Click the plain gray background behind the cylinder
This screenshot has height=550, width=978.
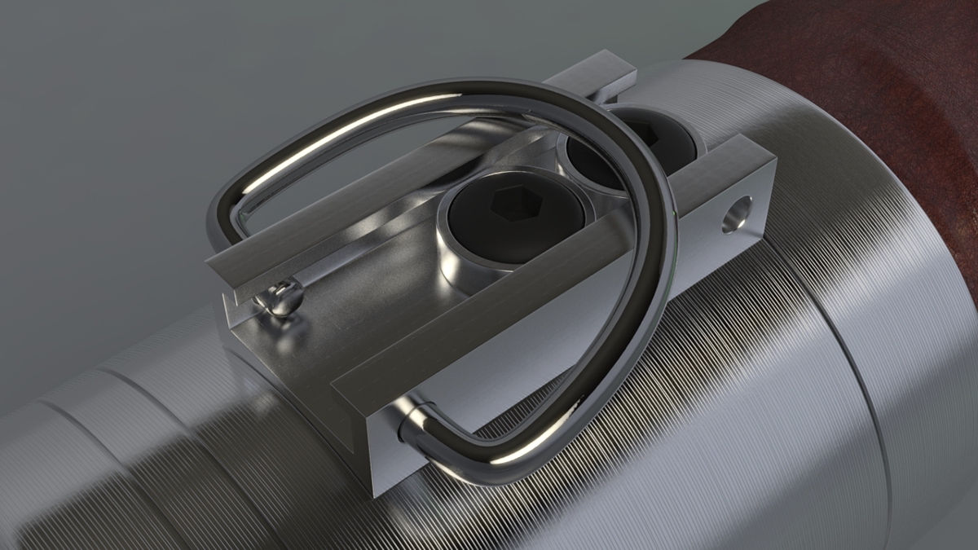[122, 122]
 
